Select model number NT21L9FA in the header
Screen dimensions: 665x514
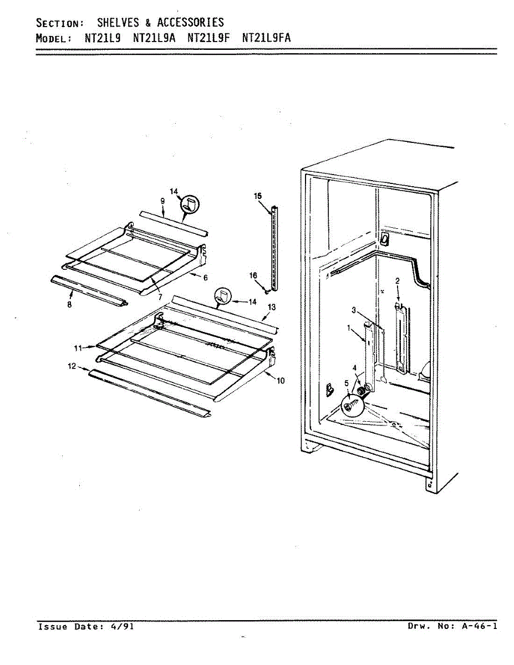point(266,38)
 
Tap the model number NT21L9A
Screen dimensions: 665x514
point(154,38)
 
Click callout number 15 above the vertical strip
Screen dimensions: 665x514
point(257,196)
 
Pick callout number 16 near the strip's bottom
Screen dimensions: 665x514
point(253,275)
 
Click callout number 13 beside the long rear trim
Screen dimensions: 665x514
point(271,307)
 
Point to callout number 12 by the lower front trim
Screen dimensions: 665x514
point(72,366)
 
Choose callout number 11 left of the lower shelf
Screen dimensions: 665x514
point(79,347)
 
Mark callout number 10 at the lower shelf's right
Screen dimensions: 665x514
point(281,381)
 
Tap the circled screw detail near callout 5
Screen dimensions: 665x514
point(350,407)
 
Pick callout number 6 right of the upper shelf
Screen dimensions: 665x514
point(205,277)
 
